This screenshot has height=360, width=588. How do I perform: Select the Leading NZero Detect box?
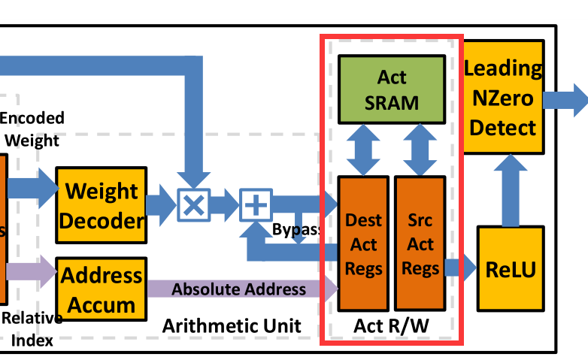click(x=503, y=98)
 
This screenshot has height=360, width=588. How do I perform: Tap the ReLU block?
click(x=511, y=268)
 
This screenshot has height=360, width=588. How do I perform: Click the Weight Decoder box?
click(x=101, y=205)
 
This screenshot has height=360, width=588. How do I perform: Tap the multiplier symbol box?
click(x=194, y=205)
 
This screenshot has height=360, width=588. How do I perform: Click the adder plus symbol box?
click(x=256, y=205)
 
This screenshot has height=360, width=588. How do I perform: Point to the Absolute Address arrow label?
click(x=239, y=289)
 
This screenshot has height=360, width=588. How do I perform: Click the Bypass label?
click(x=296, y=229)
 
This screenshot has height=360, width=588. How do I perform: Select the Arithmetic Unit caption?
click(x=232, y=325)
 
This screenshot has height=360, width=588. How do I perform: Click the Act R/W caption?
click(x=391, y=327)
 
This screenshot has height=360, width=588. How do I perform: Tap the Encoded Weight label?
click(x=32, y=129)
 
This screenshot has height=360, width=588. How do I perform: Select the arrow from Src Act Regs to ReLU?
click(x=460, y=267)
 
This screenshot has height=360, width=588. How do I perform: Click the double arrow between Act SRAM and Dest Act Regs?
click(x=363, y=150)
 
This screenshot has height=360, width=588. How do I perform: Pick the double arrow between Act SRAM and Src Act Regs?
click(x=420, y=150)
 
